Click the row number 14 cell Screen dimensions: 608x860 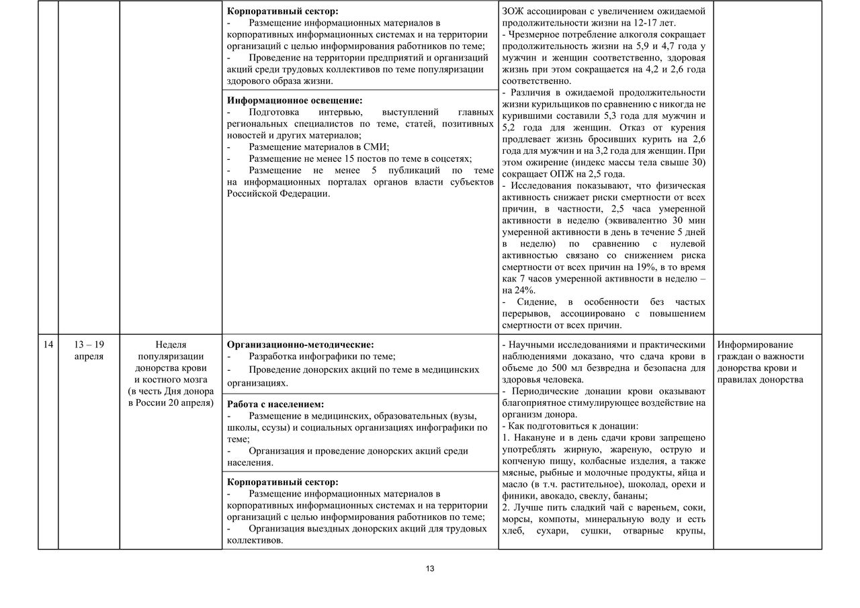pyautogui.click(x=48, y=345)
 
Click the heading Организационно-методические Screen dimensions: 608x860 pyautogui.click(x=300, y=345)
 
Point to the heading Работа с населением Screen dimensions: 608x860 pyautogui.click(x=275, y=404)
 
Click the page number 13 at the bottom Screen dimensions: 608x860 pyautogui.click(x=430, y=568)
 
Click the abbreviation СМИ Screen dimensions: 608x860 pyautogui.click(x=377, y=147)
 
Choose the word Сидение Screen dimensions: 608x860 pyautogui.click(x=533, y=302)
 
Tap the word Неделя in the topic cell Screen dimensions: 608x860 pyautogui.click(x=171, y=345)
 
